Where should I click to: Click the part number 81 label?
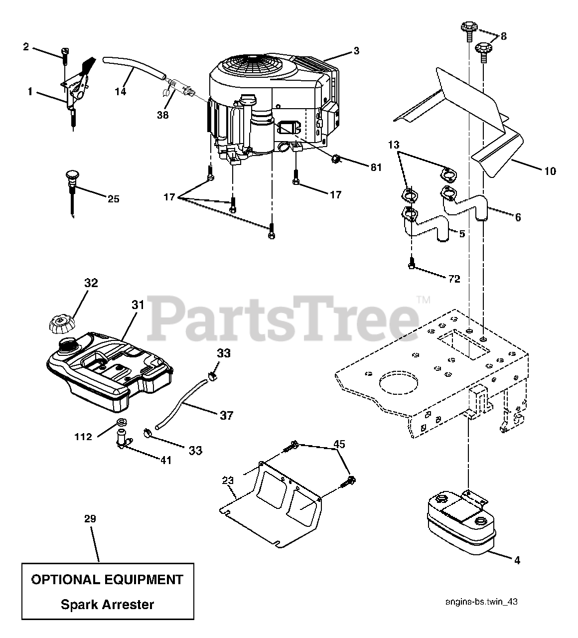(376, 167)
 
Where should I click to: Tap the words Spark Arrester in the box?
(107, 605)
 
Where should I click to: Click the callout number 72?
(454, 279)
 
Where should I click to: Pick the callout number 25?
(114, 199)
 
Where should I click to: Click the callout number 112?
(83, 437)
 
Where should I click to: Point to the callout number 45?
(339, 444)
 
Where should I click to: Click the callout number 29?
(90, 519)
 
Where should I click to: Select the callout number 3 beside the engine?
(356, 50)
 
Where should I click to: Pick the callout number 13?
(394, 145)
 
